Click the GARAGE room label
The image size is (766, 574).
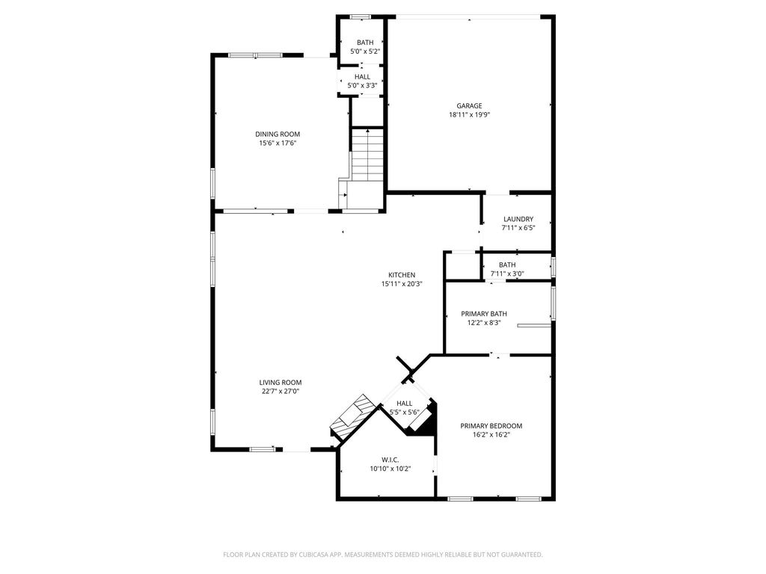click(x=469, y=105)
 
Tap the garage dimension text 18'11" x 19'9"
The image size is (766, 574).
click(x=469, y=115)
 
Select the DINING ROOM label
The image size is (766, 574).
click(x=278, y=134)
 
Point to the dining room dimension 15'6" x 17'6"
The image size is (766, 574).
click(x=278, y=143)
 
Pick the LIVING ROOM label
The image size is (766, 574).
click(x=281, y=382)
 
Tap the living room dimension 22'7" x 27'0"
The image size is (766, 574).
click(x=281, y=391)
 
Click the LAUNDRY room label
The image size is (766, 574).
click(x=518, y=219)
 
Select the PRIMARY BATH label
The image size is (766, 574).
click(x=484, y=313)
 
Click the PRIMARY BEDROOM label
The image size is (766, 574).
click(x=491, y=425)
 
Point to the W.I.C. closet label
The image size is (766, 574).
click(x=390, y=459)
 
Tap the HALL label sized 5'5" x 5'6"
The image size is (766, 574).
click(x=404, y=403)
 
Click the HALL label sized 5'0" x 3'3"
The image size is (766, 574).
click(x=362, y=76)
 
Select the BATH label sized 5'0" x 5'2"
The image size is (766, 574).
click(x=364, y=42)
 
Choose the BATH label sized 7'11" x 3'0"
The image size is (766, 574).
click(x=507, y=265)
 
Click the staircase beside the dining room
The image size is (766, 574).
click(x=367, y=155)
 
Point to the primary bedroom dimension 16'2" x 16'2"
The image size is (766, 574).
click(x=491, y=435)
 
